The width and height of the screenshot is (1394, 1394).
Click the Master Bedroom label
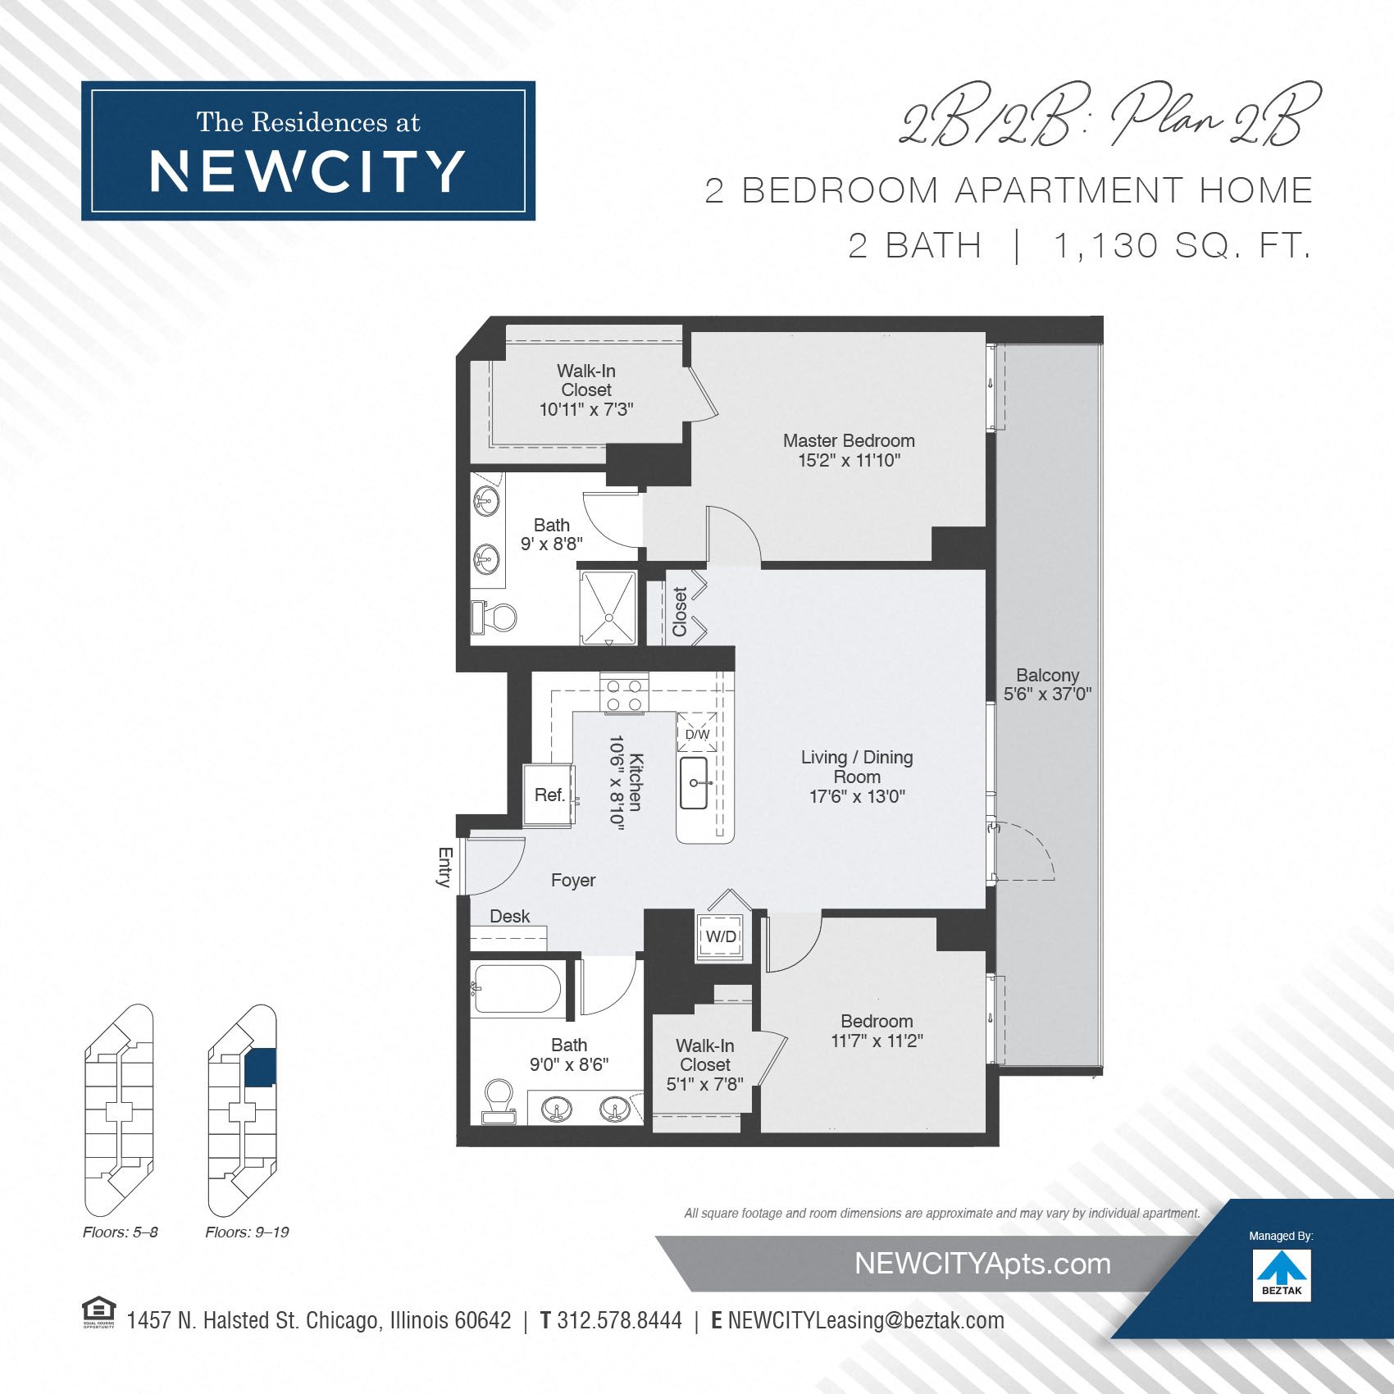[x=849, y=441]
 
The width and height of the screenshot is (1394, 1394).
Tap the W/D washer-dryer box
[x=721, y=936]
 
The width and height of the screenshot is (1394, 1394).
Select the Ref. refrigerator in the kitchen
[x=549, y=795]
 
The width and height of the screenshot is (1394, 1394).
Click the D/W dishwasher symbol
[x=697, y=733]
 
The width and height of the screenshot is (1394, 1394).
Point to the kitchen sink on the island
[x=694, y=783]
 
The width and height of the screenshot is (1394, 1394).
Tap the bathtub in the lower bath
[x=517, y=989]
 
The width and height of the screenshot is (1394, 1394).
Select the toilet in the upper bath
[x=494, y=617]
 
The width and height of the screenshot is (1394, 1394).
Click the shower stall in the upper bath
[x=608, y=607]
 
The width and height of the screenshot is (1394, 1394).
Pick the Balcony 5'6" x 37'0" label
[x=1047, y=685]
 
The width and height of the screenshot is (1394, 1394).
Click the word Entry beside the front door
[x=444, y=868]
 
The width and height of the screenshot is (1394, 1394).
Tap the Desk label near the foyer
[x=509, y=916]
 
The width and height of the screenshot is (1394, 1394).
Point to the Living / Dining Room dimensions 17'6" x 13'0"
[x=857, y=796]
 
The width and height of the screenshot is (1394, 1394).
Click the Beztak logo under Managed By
[x=1282, y=1274]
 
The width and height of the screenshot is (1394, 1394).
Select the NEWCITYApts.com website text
[x=982, y=1264]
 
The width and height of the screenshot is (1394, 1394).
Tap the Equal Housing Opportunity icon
[x=99, y=1311]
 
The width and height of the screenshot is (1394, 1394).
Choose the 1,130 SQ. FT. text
[x=1182, y=245]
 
